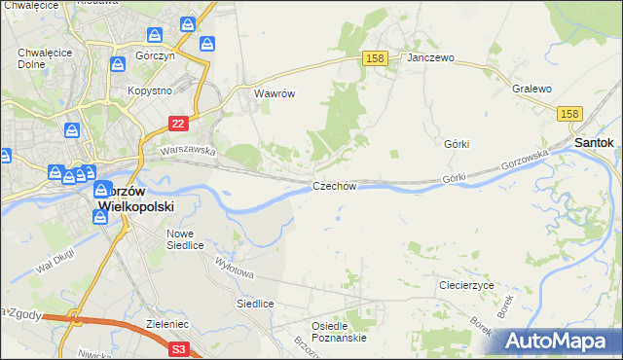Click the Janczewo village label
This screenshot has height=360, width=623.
point(431,58)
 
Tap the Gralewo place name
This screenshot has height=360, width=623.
point(531,89)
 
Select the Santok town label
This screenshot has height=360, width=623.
point(594,142)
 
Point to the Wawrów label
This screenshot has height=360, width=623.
point(274,94)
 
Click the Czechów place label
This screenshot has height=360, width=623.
point(336,186)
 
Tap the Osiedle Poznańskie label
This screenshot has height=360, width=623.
point(338,331)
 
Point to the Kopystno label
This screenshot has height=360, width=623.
point(150,90)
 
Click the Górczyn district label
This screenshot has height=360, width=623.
point(155,56)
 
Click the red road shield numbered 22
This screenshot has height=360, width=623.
point(177,123)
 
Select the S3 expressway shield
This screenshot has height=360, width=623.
point(178,347)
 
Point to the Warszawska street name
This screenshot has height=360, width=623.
point(188,151)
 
